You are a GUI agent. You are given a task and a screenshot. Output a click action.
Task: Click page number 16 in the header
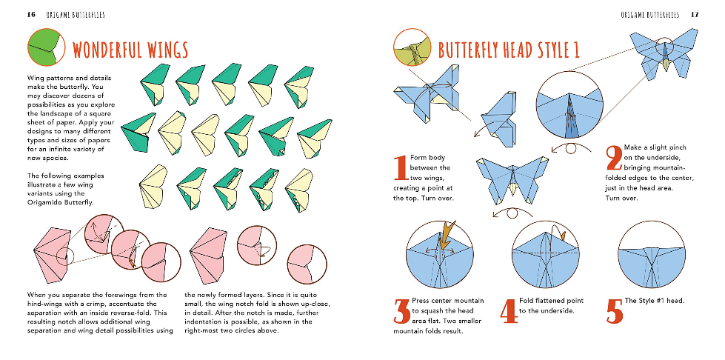pyautogui.click(x=31, y=15)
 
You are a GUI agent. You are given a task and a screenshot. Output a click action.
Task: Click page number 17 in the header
pyautogui.click(x=695, y=15)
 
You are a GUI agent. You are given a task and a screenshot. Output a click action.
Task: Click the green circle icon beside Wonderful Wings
pyautogui.click(x=46, y=47)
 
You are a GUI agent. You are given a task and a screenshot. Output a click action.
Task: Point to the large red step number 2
pyautogui.click(x=614, y=158)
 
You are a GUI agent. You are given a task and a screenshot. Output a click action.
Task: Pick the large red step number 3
pyautogui.click(x=401, y=311)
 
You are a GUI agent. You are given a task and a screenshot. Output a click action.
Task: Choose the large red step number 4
pyautogui.click(x=508, y=311)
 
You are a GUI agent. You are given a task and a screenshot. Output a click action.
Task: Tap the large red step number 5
pyautogui.click(x=615, y=311)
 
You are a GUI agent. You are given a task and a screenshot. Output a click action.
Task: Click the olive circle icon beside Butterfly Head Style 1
pyautogui.click(x=412, y=47)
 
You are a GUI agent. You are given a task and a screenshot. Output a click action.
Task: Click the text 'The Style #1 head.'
pyautogui.click(x=654, y=301)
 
